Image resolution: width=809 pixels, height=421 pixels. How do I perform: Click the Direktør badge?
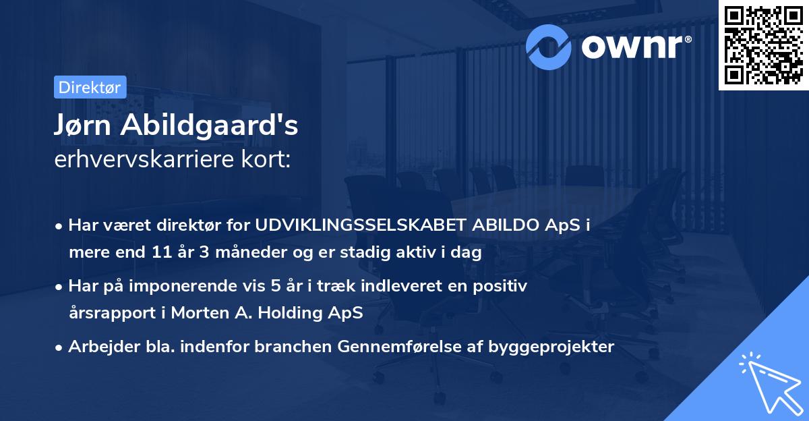(x=90, y=87)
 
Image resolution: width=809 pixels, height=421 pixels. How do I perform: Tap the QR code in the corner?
(x=764, y=45)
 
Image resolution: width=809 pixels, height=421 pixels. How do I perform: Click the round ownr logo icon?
(x=548, y=47)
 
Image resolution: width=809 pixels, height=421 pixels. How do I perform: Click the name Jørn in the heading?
(x=82, y=126)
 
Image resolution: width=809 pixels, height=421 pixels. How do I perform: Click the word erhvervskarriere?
(x=144, y=159)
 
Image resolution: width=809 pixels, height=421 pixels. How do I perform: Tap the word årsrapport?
(x=112, y=313)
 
